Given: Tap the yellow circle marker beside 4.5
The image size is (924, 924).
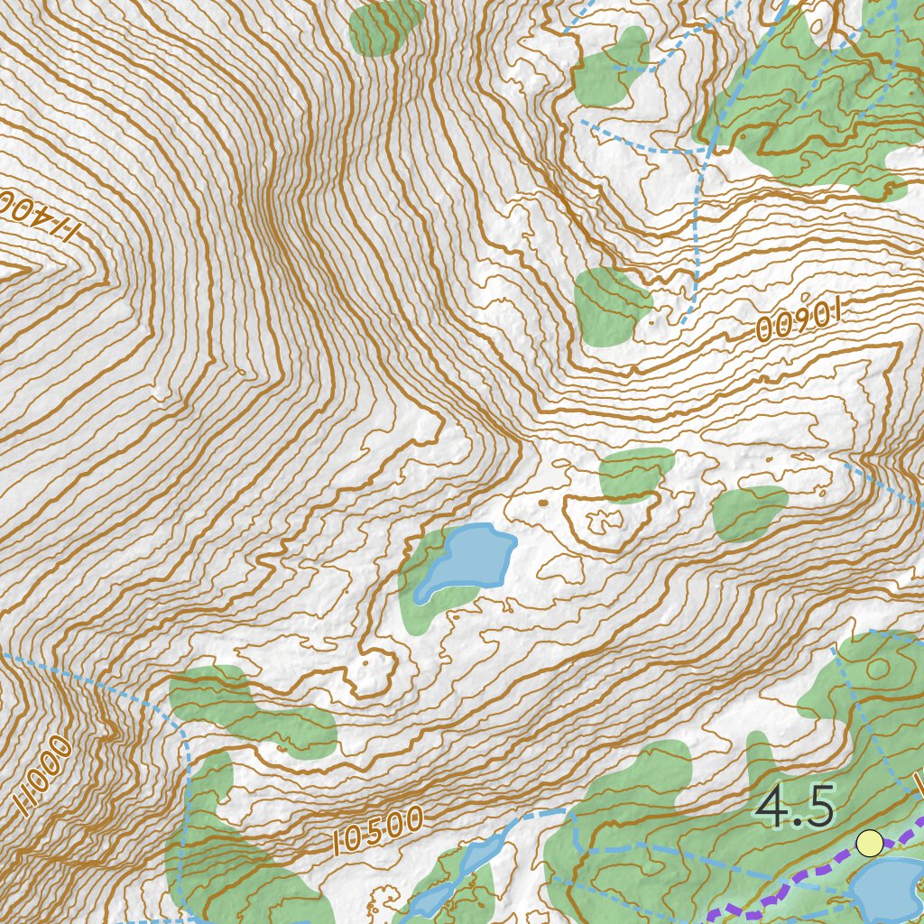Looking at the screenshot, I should pos(869,843).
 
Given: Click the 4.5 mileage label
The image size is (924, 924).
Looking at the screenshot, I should pos(796,807).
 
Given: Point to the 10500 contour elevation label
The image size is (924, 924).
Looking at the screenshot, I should pos(377,831).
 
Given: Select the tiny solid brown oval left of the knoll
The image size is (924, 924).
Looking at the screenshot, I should pos(542,503).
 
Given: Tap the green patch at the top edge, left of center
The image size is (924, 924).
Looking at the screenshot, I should pos(386,25).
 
